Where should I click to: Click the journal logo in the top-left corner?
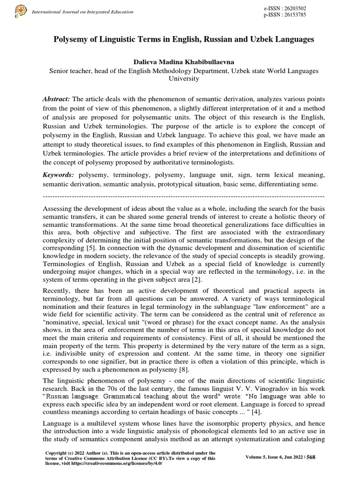tap(20, 11)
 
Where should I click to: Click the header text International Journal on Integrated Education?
tap(75, 11)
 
